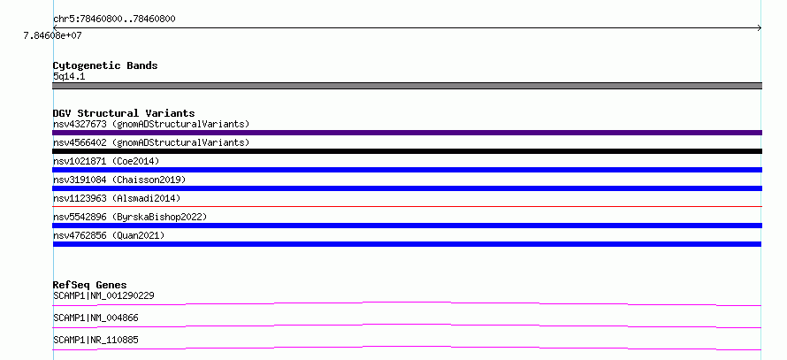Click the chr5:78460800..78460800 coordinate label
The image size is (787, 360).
click(114, 19)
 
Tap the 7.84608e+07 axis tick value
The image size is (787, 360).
click(52, 35)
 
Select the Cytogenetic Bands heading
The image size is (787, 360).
click(105, 65)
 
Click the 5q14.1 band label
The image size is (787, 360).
click(69, 76)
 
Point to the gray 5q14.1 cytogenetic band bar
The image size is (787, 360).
click(407, 86)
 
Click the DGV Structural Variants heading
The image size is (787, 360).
click(124, 113)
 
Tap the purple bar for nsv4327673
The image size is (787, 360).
click(407, 133)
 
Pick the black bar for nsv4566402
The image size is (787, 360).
click(407, 151)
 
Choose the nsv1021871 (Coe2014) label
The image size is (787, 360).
click(106, 161)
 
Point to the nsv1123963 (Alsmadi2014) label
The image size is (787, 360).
click(117, 198)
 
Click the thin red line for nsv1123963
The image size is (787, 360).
click(407, 206)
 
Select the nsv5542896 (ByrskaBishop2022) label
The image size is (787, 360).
click(130, 217)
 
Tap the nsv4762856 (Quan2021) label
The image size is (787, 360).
click(109, 235)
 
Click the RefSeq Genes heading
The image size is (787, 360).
click(90, 285)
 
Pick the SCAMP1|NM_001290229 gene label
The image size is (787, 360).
click(103, 295)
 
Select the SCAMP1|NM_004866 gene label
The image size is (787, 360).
click(96, 318)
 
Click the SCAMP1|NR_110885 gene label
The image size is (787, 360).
click(96, 340)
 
